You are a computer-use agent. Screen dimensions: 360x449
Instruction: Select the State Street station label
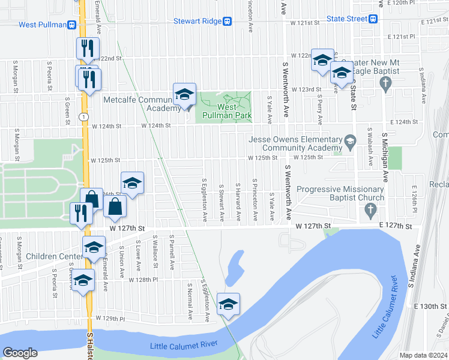(x=346, y=19)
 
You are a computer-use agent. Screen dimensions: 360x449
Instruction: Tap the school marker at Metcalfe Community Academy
(x=185, y=95)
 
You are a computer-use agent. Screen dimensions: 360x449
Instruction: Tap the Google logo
(x=20, y=353)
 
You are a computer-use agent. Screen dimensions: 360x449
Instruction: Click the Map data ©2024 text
(x=424, y=355)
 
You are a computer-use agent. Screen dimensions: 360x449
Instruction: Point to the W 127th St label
(x=127, y=229)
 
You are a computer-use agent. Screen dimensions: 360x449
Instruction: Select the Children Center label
(x=54, y=256)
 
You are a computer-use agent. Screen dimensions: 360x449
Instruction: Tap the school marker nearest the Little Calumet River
(x=228, y=305)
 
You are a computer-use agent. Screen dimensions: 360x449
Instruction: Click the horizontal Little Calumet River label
(x=184, y=345)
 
